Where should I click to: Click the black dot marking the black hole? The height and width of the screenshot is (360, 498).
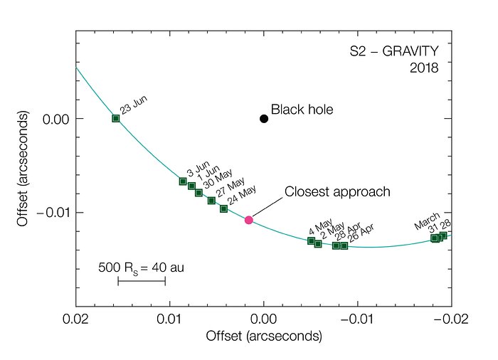coord(264,119)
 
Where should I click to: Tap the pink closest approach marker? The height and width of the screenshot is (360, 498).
coord(249,220)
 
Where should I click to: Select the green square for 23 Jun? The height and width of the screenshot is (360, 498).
coord(116,118)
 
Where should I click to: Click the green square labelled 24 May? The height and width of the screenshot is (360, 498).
coord(223,208)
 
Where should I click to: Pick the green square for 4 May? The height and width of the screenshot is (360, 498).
coord(311,240)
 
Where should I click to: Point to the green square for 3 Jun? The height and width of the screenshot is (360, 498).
coord(183,181)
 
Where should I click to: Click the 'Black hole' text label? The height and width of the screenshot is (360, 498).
coord(302,110)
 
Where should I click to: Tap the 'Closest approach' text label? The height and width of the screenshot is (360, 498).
coord(337,192)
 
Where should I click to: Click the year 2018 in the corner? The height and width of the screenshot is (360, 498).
coord(425,69)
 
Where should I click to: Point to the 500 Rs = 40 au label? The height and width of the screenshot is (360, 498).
coord(141,268)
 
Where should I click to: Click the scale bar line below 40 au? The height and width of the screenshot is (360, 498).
coord(142,281)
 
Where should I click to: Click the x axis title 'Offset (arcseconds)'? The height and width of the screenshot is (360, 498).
coord(263,334)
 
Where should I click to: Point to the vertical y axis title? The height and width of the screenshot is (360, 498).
coord(22,169)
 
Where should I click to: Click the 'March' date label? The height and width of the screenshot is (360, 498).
coord(428,221)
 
